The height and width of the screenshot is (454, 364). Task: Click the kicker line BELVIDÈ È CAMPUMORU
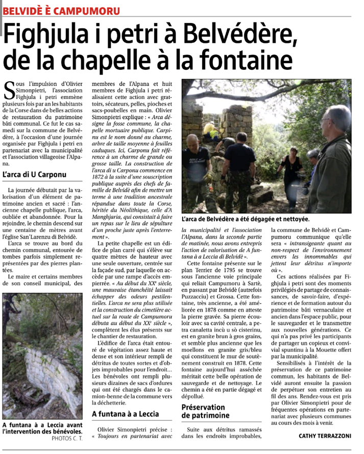(x=62, y=10)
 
